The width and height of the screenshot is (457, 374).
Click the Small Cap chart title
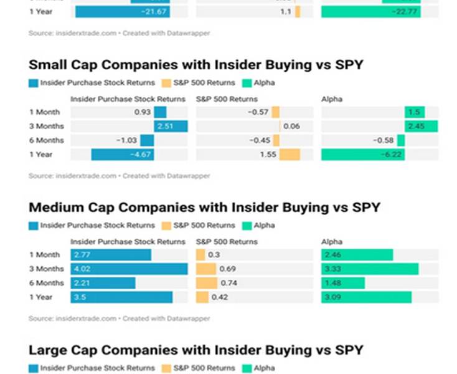[196, 65]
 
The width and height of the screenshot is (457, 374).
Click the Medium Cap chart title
[204, 208]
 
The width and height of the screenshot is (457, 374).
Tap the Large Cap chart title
[196, 350]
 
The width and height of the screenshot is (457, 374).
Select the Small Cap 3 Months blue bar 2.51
[171, 127]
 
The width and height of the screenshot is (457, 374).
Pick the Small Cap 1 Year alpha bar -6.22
[363, 155]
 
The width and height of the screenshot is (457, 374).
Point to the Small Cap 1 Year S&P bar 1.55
[290, 155]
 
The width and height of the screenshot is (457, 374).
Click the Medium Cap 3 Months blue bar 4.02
[130, 269]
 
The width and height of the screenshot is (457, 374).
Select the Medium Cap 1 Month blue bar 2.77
[111, 255]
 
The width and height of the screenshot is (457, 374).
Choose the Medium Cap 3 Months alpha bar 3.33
[370, 269]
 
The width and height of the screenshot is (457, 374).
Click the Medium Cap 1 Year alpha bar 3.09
[366, 297]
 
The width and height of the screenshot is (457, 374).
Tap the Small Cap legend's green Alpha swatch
[247, 82]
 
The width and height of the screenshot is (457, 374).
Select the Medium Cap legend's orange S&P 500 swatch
[166, 225]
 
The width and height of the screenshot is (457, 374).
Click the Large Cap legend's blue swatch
[34, 368]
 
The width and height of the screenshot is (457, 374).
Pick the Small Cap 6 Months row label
[46, 141]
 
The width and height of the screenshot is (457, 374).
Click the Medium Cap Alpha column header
[331, 242]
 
